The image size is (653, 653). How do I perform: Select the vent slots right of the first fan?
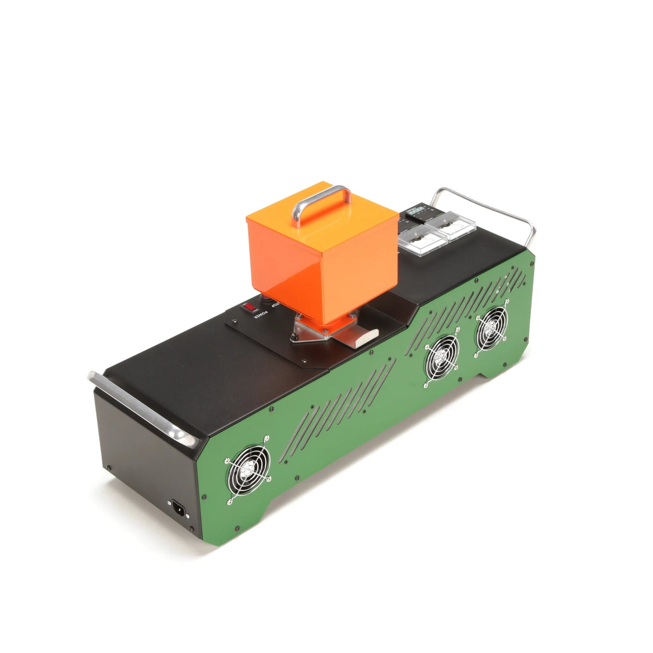click(x=303, y=434)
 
